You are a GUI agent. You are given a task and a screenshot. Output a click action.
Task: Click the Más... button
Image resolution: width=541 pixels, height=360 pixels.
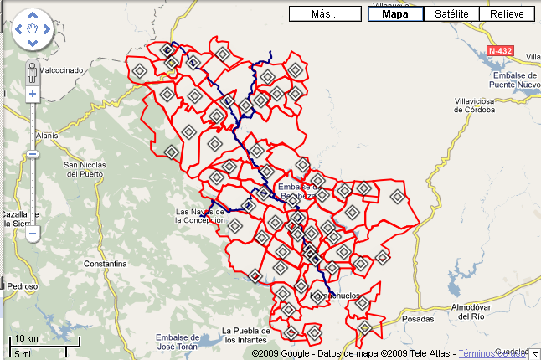[324, 14]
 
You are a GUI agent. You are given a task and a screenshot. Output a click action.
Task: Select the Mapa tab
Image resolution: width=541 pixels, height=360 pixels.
[395, 14]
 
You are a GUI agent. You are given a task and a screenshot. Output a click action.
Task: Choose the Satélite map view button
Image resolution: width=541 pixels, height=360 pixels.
[451, 14]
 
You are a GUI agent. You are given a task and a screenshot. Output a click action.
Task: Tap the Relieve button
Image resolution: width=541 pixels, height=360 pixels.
[507, 14]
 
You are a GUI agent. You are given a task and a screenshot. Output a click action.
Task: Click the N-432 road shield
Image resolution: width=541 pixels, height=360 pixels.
[499, 51]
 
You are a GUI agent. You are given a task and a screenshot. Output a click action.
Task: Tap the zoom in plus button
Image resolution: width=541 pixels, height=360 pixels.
[33, 94]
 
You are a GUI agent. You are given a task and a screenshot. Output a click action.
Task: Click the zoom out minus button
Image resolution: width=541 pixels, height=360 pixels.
[33, 234]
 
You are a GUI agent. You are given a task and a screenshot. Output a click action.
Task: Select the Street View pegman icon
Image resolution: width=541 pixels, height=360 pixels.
[33, 70]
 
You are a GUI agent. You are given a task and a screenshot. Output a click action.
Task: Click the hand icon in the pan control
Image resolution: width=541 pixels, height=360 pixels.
[33, 31]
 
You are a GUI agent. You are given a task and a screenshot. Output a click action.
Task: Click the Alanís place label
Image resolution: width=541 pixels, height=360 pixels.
[47, 135]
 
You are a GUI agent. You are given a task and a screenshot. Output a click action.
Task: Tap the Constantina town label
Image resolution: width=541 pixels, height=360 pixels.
[103, 264]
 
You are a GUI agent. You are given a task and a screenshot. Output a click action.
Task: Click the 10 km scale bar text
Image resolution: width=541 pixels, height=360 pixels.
[25, 339]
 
